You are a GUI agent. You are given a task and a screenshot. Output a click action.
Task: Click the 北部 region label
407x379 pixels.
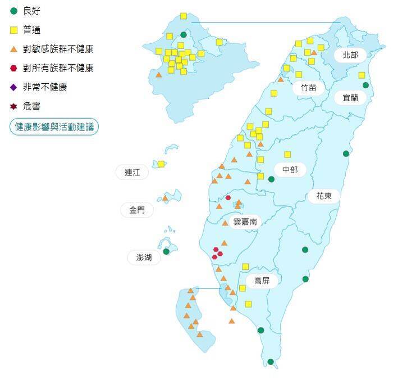(x=350, y=55)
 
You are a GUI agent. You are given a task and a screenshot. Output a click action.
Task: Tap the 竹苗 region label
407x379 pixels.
(x=308, y=88)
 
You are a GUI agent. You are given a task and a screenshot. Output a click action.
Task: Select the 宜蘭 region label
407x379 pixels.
(x=350, y=97)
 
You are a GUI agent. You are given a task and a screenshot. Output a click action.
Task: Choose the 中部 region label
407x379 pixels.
(x=290, y=169)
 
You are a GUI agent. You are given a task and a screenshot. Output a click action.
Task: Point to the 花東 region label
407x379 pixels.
(x=324, y=196)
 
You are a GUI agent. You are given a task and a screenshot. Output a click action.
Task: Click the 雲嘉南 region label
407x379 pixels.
(x=245, y=222)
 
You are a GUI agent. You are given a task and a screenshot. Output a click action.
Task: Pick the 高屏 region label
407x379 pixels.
(x=262, y=281)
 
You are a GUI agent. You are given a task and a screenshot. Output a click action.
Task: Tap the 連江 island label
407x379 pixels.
(x=132, y=173)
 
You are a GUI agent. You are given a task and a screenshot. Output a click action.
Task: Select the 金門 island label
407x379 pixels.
(x=137, y=210)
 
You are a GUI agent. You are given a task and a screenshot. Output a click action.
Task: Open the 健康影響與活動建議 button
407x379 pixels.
(x=54, y=127)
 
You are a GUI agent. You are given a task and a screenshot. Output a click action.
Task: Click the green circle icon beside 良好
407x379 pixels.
(x=14, y=11)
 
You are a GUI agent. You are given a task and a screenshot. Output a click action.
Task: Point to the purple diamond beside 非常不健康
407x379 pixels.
(x=14, y=87)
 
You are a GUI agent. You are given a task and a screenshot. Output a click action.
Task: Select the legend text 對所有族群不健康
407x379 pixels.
(x=58, y=68)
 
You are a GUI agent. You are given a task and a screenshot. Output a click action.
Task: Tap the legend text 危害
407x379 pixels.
(x=32, y=106)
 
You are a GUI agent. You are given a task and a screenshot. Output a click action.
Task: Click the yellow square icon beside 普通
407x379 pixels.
(x=14, y=30)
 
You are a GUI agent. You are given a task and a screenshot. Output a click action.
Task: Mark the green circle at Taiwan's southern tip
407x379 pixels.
(x=271, y=362)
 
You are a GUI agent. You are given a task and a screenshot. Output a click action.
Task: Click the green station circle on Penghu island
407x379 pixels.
(x=166, y=251)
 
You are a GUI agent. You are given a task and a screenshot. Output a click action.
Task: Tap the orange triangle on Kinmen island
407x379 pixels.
(x=166, y=198)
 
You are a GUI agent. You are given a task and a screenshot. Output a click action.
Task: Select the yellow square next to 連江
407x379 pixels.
(x=161, y=164)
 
